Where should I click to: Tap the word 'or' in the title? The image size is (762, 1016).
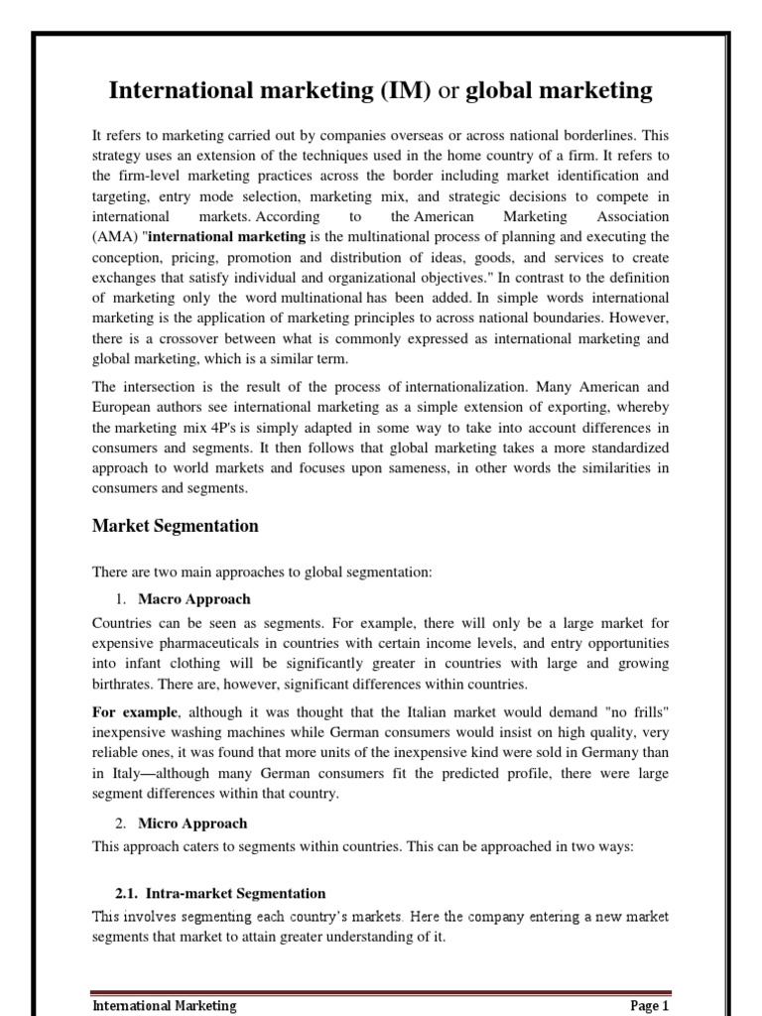[x=447, y=92]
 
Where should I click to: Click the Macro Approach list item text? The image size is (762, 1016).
[x=194, y=599]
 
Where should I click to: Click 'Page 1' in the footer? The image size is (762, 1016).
[x=650, y=1005]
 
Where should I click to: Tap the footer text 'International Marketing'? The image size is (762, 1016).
[x=164, y=1005]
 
